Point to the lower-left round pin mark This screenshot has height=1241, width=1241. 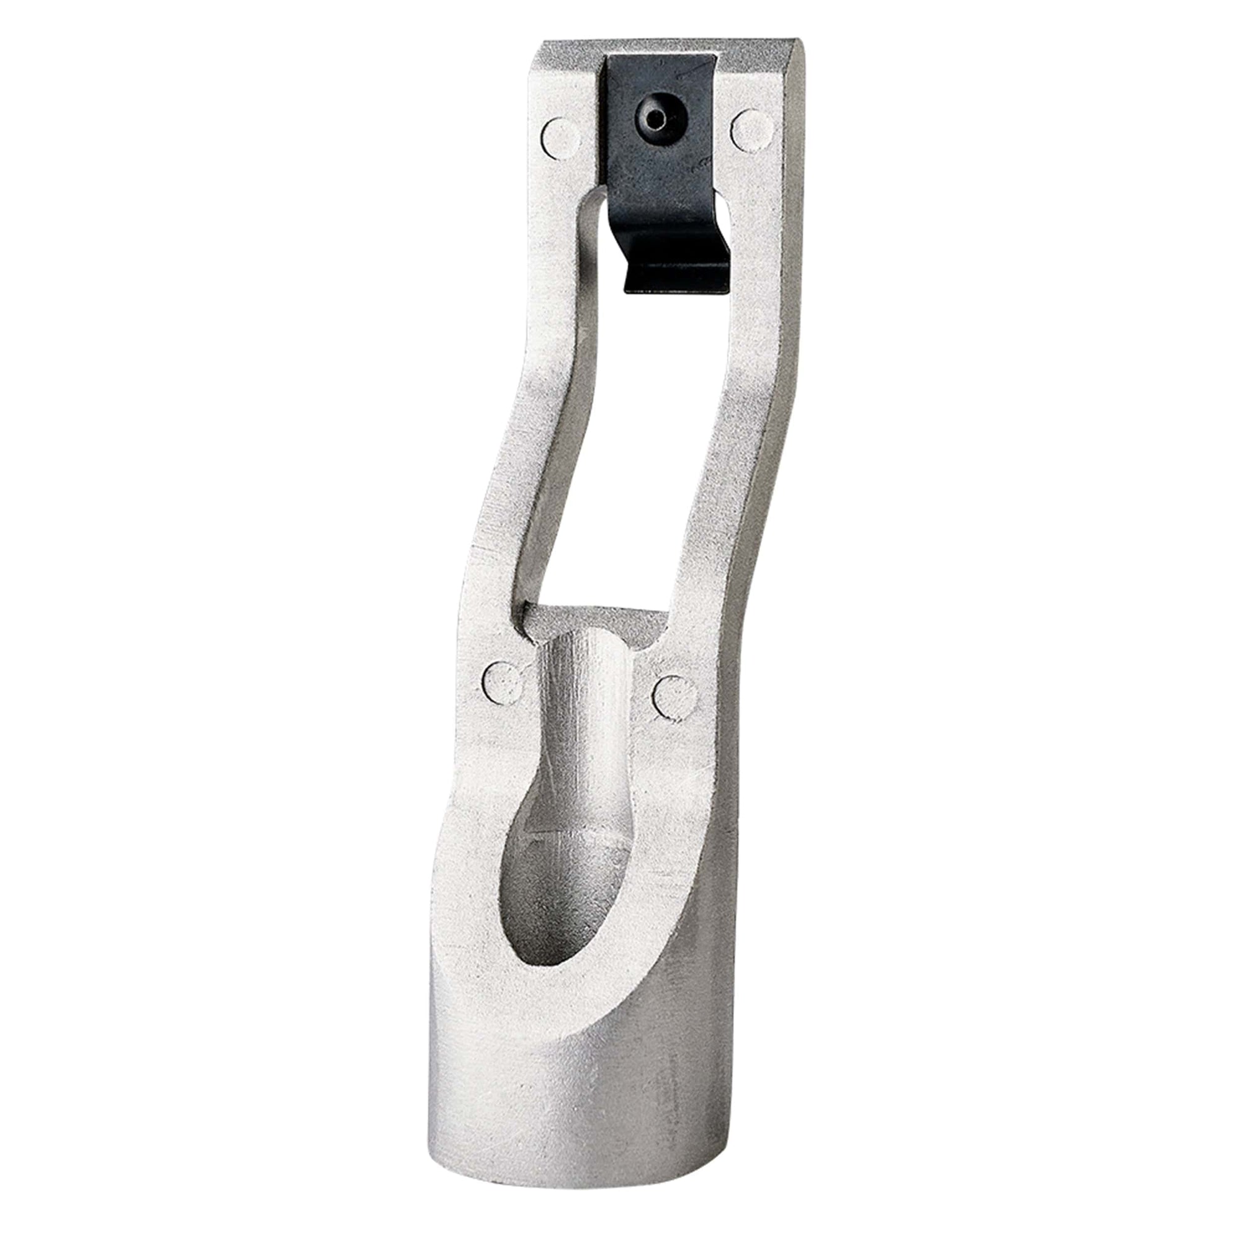503,681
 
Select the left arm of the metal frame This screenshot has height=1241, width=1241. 527,450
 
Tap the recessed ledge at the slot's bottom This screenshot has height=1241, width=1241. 594,620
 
